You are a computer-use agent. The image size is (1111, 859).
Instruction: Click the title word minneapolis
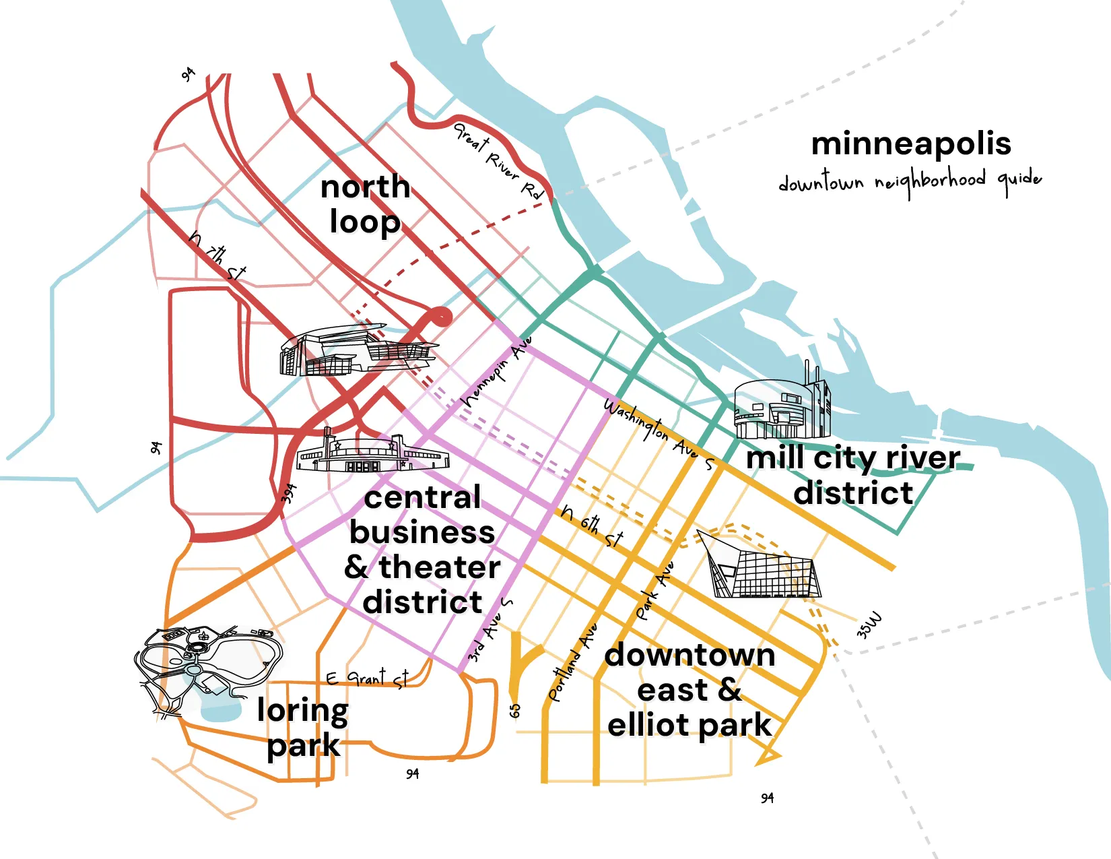[910, 144]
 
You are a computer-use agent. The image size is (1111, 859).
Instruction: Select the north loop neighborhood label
[366, 203]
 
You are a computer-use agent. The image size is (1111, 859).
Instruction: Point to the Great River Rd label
[498, 161]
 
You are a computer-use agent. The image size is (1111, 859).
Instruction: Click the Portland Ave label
[572, 664]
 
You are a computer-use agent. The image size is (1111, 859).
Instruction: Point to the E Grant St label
[367, 678]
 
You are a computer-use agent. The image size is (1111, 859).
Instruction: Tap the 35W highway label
[869, 625]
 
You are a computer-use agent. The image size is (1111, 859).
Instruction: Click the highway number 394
[289, 494]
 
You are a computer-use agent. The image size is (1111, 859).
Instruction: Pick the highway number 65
[515, 710]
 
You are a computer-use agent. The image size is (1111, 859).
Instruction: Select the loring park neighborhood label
[303, 728]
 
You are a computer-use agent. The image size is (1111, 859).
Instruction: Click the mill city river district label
[853, 475]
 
